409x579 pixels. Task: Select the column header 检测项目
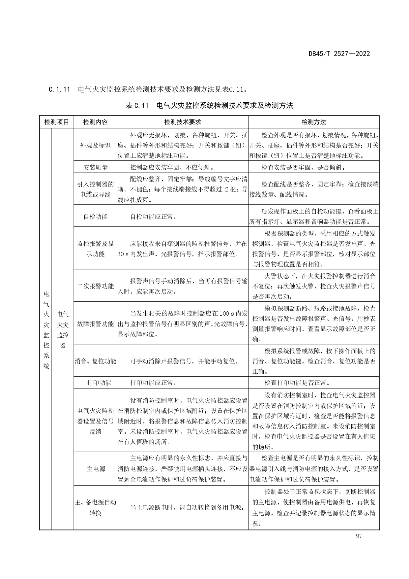pyautogui.click(x=56, y=122)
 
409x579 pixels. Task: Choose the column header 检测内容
pyautogui.click(x=95, y=122)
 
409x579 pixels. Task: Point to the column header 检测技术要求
pyautogui.click(x=182, y=122)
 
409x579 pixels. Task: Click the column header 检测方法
pyautogui.click(x=313, y=122)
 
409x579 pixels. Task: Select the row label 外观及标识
pyautogui.click(x=95, y=145)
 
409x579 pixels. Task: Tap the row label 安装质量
pyautogui.click(x=95, y=167)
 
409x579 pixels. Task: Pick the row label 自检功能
pyautogui.click(x=95, y=217)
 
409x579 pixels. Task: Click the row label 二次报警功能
pyautogui.click(x=95, y=286)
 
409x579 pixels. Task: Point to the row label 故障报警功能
pyautogui.click(x=95, y=324)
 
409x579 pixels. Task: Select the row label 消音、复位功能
pyautogui.click(x=95, y=361)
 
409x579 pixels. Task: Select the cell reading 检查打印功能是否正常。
pyautogui.click(x=295, y=383)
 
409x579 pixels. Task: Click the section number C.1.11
pyautogui.click(x=59, y=89)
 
